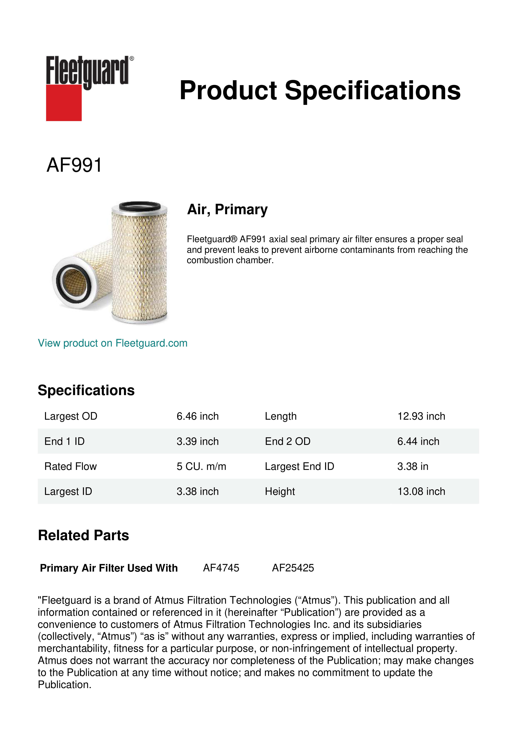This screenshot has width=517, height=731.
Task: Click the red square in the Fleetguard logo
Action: tap(64, 103)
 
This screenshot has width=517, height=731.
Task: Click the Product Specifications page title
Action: tap(320, 90)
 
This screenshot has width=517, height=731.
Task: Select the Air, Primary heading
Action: tap(227, 209)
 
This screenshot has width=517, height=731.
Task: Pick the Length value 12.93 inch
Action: tap(421, 416)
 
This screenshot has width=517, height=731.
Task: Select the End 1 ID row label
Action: tap(64, 441)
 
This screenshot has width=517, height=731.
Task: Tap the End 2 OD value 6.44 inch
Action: tap(418, 441)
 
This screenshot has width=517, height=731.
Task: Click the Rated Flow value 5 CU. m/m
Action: tap(201, 466)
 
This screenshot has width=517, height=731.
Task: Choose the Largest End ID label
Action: tap(299, 466)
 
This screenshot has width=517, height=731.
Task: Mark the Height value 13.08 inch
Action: tap(421, 492)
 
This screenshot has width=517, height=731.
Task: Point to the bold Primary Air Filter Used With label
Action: tap(109, 568)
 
